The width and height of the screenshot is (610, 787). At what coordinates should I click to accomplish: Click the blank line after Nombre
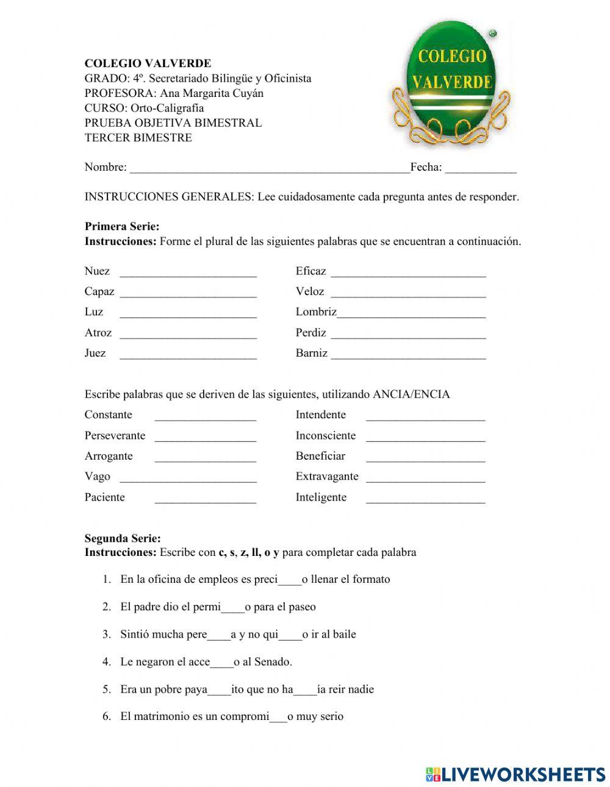coord(270,168)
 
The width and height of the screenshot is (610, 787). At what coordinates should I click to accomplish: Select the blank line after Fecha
coord(481,168)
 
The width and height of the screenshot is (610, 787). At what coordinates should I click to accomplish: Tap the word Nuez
coord(97,271)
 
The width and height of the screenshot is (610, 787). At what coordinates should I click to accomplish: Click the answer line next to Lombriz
coord(412,313)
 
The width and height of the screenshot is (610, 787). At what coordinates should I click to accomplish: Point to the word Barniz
coord(311,353)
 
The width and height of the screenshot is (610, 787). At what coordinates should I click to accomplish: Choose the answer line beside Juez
coord(188,354)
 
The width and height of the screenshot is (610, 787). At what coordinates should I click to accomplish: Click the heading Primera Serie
coord(121,227)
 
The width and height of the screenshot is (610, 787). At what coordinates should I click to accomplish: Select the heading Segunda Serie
coord(123,538)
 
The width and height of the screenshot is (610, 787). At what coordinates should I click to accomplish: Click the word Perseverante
coord(115,436)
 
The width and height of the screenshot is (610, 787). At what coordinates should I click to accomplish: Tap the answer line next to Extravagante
coord(425,477)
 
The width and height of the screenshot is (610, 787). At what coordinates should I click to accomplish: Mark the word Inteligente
coord(321,497)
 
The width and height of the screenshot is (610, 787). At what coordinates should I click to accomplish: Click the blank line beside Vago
coord(188,477)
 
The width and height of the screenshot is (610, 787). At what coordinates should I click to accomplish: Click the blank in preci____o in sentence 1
coord(289,580)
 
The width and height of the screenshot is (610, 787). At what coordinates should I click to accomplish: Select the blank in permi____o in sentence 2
coord(232,608)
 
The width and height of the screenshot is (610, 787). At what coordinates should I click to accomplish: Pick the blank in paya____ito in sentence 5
coord(219,690)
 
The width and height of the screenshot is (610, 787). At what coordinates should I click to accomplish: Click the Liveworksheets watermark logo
coord(515,774)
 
